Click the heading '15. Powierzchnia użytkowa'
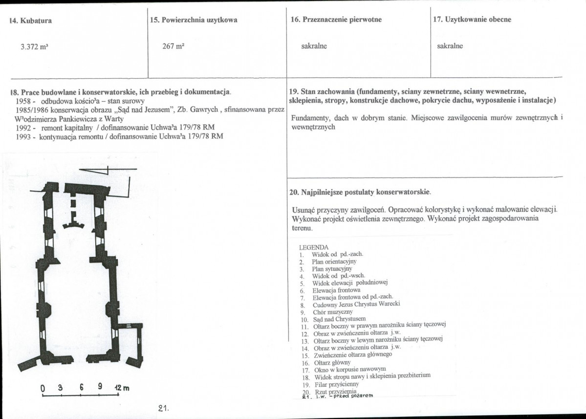[x=194, y=20]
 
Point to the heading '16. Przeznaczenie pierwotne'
[x=335, y=20]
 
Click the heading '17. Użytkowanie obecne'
[x=472, y=20]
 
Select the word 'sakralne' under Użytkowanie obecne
[x=450, y=46]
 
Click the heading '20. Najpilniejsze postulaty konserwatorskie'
[x=360, y=192]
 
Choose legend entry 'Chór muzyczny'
[x=333, y=311]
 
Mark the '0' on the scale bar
[x=43, y=389]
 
